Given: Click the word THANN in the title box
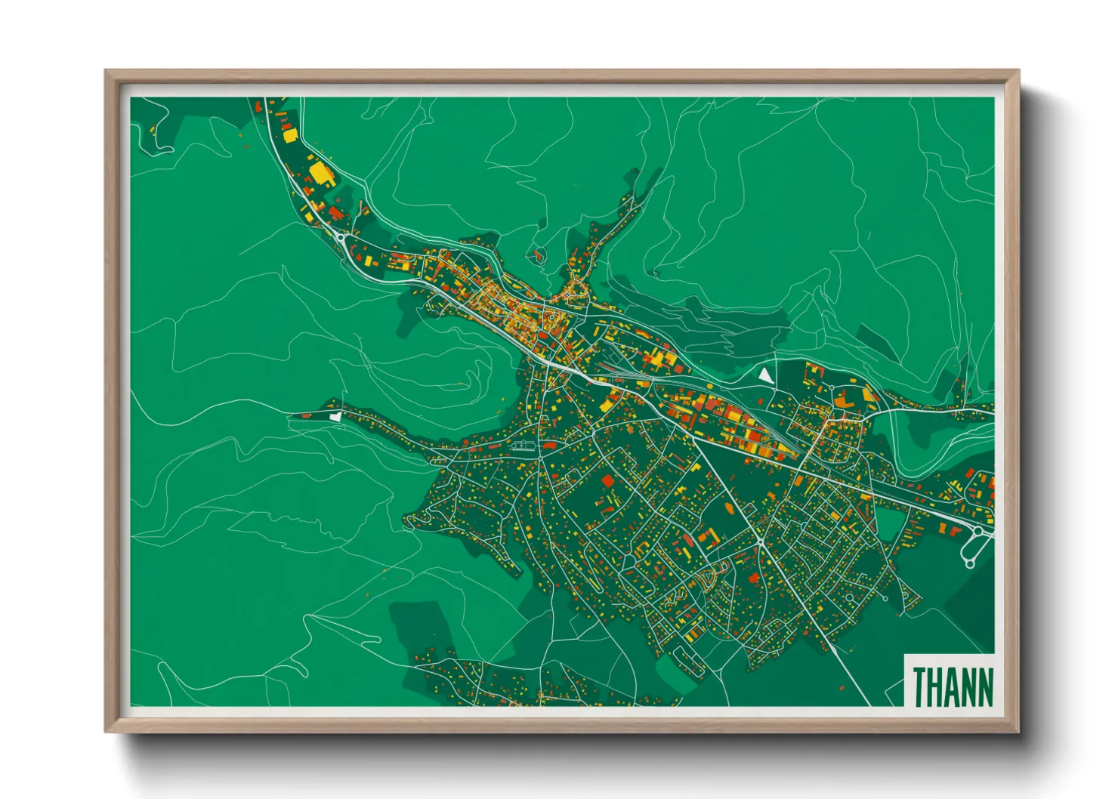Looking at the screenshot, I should point(953,686).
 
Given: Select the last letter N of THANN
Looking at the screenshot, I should point(984,686).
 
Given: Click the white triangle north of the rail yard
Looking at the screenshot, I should point(766,375).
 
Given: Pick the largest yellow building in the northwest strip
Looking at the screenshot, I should point(321,171).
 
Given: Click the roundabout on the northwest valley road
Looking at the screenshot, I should point(341,239).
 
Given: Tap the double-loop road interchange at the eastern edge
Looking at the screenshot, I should point(974,547).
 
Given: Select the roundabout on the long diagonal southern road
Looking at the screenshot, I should point(759,541).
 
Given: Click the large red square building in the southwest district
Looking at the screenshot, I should point(608,481).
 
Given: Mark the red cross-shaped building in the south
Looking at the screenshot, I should point(708,537).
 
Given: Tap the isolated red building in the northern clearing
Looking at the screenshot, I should point(538,257).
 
